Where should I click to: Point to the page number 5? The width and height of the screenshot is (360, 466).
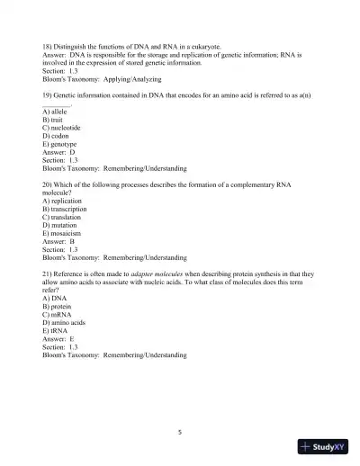click(x=180, y=431)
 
